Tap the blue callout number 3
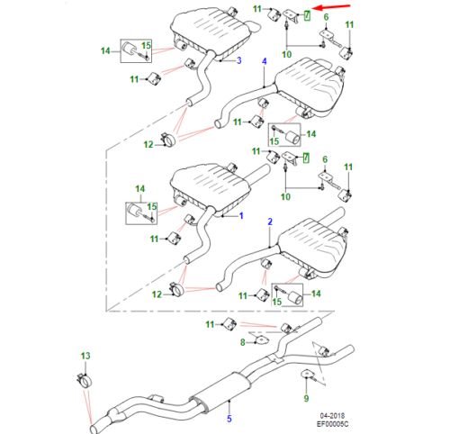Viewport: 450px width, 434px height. [238, 60]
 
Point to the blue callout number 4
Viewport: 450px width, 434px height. [265, 60]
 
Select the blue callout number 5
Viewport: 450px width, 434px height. [229, 419]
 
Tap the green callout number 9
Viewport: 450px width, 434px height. [306, 397]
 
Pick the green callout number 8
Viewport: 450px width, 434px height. [242, 342]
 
